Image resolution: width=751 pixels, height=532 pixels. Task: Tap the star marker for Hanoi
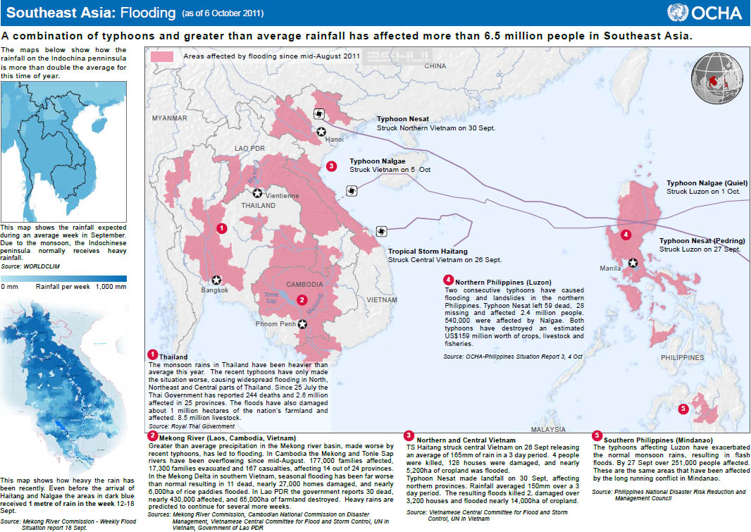(321, 131)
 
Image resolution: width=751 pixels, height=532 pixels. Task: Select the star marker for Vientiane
(258, 193)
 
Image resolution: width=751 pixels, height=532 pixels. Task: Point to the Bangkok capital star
(216, 280)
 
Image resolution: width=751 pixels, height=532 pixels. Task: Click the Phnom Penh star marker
(303, 324)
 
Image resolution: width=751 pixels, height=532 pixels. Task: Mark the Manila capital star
(633, 263)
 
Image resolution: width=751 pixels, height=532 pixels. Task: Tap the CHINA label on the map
(435, 66)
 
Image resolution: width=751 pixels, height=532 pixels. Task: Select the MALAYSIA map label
(548, 428)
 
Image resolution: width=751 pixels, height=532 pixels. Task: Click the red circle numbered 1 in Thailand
(221, 228)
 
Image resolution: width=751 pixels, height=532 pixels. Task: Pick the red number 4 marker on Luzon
(626, 235)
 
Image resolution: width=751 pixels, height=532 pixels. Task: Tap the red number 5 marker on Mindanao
(682, 409)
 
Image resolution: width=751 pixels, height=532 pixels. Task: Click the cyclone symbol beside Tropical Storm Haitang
(381, 230)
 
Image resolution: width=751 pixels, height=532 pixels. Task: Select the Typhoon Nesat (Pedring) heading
(702, 241)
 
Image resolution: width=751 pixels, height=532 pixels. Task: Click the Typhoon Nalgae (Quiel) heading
(707, 183)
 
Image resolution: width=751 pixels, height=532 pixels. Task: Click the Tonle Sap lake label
(271, 297)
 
